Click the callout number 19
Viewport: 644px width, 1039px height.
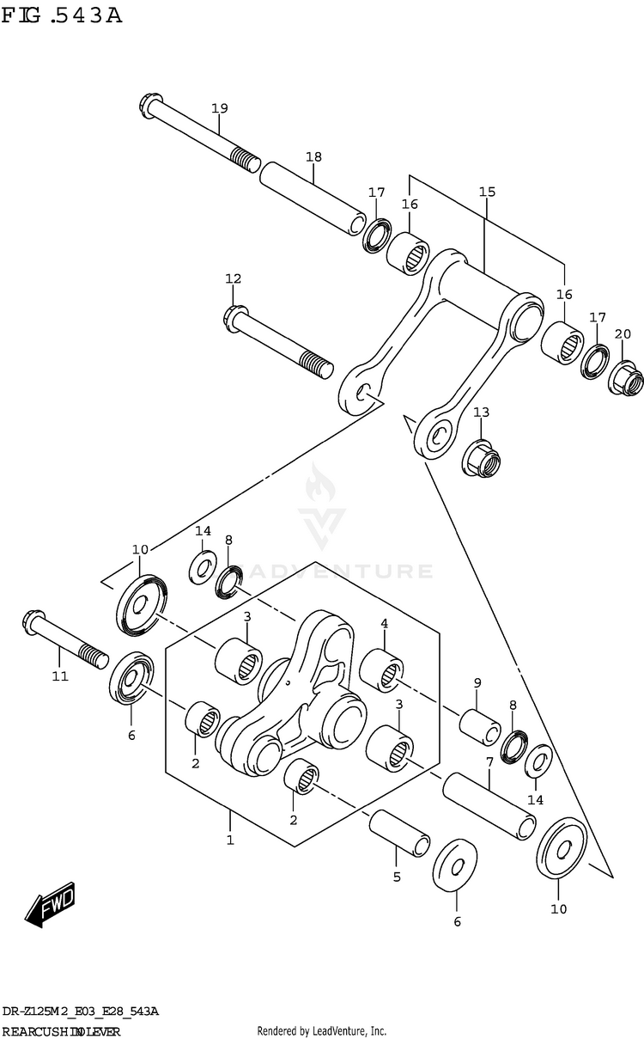(x=219, y=108)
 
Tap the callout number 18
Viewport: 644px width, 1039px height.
(x=313, y=157)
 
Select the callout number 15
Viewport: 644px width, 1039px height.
(x=487, y=192)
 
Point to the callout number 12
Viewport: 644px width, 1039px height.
(x=234, y=278)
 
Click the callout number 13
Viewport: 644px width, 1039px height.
(x=481, y=413)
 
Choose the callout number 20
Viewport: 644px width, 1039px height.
(x=623, y=334)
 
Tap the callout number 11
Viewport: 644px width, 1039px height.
(x=58, y=676)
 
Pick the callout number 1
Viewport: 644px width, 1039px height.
(x=229, y=840)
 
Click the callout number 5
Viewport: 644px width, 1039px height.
(x=397, y=877)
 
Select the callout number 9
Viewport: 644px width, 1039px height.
(x=477, y=683)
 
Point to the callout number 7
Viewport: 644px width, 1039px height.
(x=489, y=761)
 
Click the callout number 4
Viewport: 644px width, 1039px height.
(x=384, y=623)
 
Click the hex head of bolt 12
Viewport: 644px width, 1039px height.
(x=235, y=318)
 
